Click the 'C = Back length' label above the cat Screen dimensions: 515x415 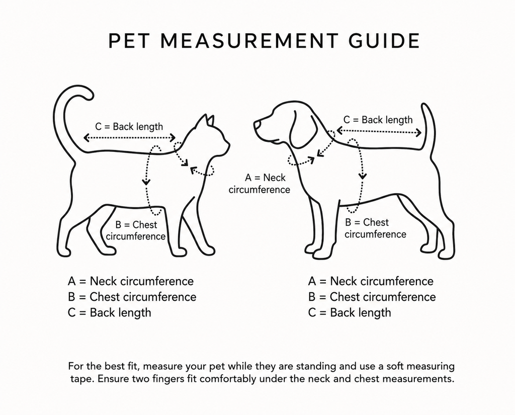[x=129, y=126]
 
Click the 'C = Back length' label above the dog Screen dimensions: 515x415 [x=378, y=120]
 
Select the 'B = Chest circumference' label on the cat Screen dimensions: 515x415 [x=136, y=230]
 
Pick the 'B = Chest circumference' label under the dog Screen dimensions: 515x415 [x=375, y=228]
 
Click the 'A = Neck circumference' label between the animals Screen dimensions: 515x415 [x=260, y=183]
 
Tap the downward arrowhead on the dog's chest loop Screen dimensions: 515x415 [x=363, y=176]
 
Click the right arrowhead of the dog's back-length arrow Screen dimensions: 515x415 [x=418, y=133]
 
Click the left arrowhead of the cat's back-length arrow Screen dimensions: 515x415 [x=87, y=137]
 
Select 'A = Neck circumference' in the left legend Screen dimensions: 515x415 [x=131, y=281]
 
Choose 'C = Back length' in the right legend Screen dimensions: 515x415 [x=350, y=312]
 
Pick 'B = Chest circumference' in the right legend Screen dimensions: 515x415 [x=372, y=297]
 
